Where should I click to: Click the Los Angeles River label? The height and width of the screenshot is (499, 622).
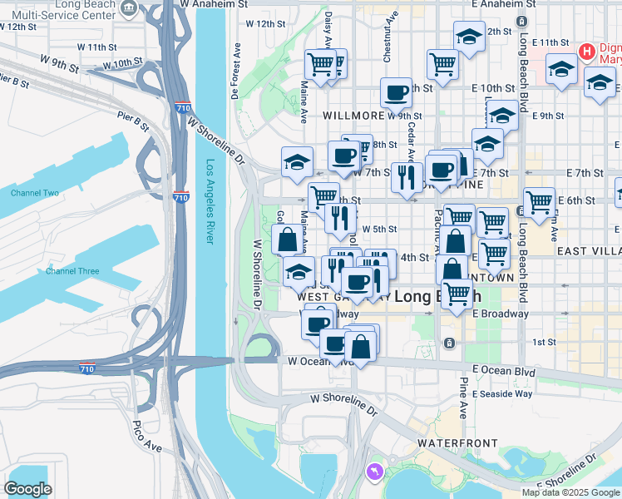pyautogui.click(x=211, y=201)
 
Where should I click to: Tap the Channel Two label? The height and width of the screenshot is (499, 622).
pyautogui.click(x=35, y=193)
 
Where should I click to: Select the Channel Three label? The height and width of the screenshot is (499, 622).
pyautogui.click(x=72, y=271)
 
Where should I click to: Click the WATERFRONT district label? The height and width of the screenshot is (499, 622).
pyautogui.click(x=457, y=443)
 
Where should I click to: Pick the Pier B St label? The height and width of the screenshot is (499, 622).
pyautogui.click(x=133, y=122)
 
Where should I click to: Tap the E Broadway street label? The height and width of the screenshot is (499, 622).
pyautogui.click(x=501, y=314)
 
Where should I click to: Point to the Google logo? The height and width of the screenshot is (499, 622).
pyautogui.click(x=28, y=489)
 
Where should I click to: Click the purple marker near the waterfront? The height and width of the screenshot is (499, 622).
pyautogui.click(x=375, y=472)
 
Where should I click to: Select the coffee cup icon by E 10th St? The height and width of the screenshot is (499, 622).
pyautogui.click(x=397, y=91)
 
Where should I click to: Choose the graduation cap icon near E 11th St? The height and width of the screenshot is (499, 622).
pyautogui.click(x=562, y=69)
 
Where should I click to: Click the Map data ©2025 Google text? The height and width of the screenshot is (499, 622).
pyautogui.click(x=570, y=492)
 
